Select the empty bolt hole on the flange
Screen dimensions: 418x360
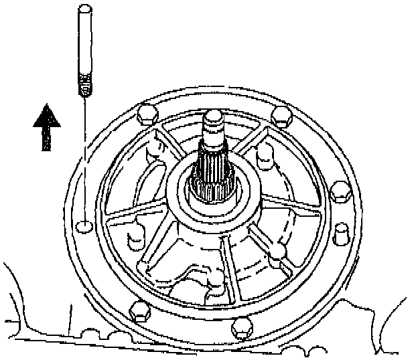82,226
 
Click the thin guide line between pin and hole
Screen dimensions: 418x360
83,161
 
